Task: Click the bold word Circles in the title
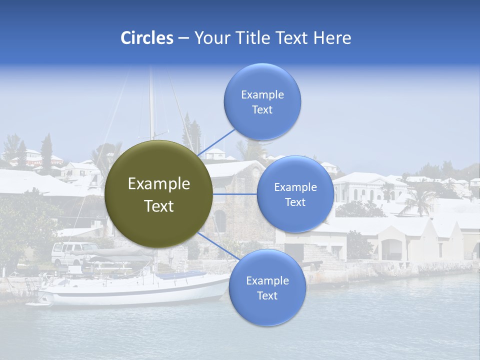coord(147,38)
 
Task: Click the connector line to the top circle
coord(216,142)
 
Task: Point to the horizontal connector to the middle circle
coord(234,194)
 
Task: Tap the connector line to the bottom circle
coord(218,245)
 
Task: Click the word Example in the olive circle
coord(159,184)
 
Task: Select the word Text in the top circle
coord(262,110)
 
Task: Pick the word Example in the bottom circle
coord(267,280)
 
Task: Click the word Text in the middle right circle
coord(295,202)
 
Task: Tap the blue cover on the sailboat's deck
coord(180,275)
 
